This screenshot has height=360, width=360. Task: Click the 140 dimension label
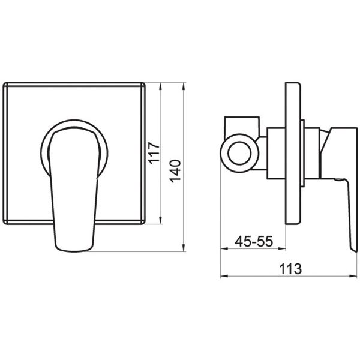[x=176, y=171]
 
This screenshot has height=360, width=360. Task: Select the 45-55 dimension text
[x=254, y=241]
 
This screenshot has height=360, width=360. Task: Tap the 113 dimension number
[x=290, y=269]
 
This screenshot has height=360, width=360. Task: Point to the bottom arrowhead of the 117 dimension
[x=160, y=221]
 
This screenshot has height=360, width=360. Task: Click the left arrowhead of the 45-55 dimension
[x=224, y=248]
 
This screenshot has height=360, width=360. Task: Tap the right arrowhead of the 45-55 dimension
[x=282, y=248]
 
